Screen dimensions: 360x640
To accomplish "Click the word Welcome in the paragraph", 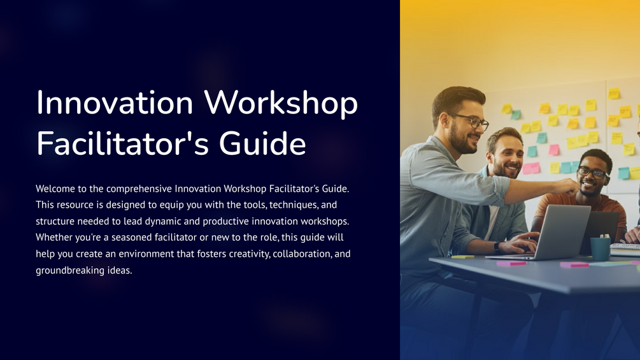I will pyautogui.click(x=58, y=189).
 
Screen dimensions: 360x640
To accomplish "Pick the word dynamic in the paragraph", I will pyautogui.click(x=184, y=221).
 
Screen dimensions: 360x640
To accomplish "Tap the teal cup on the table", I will pyautogui.click(x=599, y=248).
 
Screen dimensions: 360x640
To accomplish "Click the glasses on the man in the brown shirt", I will pyautogui.click(x=592, y=172).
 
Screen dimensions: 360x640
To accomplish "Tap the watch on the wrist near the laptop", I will pyautogui.click(x=497, y=247).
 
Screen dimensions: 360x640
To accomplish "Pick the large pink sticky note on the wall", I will pyautogui.click(x=530, y=168).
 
